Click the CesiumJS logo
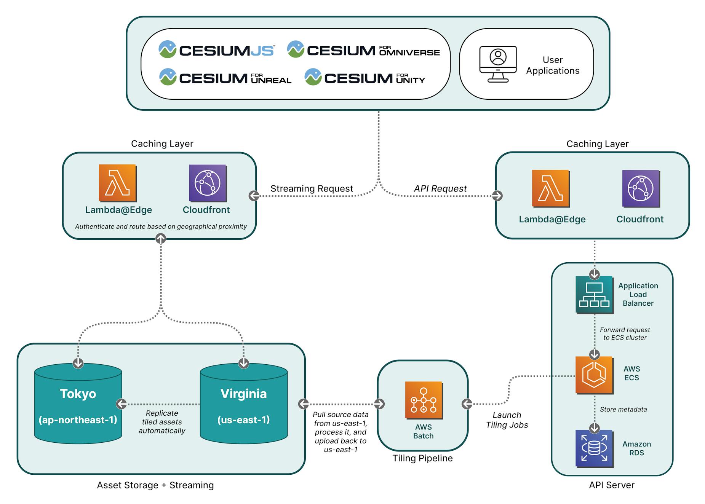[x=216, y=50]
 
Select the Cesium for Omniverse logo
[x=363, y=50]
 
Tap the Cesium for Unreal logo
[x=225, y=78]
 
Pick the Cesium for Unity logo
[x=364, y=78]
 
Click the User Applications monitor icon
[x=497, y=64]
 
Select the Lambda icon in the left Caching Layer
[x=117, y=183]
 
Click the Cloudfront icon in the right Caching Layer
[x=641, y=188]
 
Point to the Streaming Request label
[x=312, y=188]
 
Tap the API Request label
[x=440, y=188]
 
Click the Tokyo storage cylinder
[x=78, y=404]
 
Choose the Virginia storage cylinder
[x=244, y=404]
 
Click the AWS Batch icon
[x=424, y=400]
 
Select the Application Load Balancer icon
[x=594, y=295]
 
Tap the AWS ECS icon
[x=594, y=375]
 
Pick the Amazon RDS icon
[x=594, y=448]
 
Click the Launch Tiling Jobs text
[x=507, y=420]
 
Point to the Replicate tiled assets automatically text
[x=161, y=422]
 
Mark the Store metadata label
[x=623, y=409]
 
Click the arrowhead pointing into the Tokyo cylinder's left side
[x=121, y=404]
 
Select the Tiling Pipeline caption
[x=422, y=458]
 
